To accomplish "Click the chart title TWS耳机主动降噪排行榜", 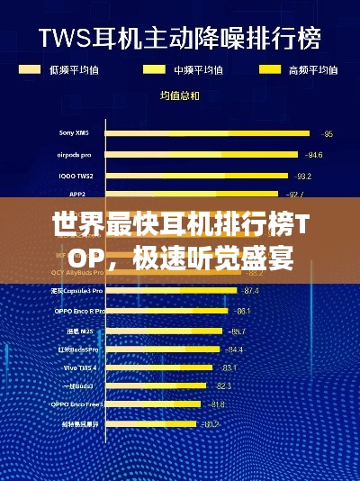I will pos(179,39).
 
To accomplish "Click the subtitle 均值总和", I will pos(179,95).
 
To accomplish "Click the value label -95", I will pos(328,134).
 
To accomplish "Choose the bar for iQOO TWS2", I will pos(198,175).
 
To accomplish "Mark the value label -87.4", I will pos(250,291).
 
